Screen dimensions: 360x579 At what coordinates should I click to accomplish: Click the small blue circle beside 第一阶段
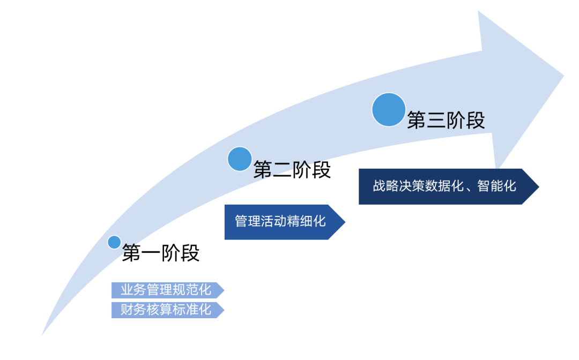click(114, 242)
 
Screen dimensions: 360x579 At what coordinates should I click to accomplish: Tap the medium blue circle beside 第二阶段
click(240, 159)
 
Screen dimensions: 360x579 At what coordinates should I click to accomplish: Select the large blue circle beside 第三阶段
click(389, 110)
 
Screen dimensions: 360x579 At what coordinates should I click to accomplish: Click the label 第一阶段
click(161, 253)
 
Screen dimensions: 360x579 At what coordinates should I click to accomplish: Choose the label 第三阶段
click(446, 120)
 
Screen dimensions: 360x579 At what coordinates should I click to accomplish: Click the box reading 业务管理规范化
click(166, 290)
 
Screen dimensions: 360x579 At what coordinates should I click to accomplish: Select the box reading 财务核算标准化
click(166, 310)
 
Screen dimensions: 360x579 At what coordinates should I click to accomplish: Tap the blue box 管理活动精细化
click(281, 221)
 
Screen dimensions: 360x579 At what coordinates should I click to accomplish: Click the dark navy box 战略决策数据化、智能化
click(445, 186)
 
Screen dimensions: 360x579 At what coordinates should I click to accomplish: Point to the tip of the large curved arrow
click(563, 75)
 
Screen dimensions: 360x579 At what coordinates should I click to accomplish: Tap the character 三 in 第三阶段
click(436, 120)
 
